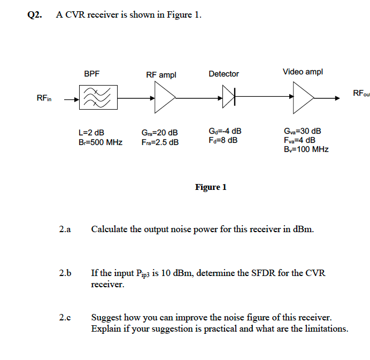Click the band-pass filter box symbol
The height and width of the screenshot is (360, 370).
click(x=96, y=98)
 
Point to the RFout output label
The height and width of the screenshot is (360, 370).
click(x=361, y=94)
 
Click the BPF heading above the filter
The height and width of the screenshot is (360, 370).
click(x=91, y=74)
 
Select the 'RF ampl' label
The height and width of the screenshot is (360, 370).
click(x=161, y=75)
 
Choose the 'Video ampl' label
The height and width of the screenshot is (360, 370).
click(x=303, y=72)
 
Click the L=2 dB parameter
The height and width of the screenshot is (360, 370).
click(x=91, y=132)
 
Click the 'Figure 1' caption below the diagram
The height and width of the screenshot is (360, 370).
click(x=211, y=187)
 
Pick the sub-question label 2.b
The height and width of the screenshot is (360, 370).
click(x=65, y=273)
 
